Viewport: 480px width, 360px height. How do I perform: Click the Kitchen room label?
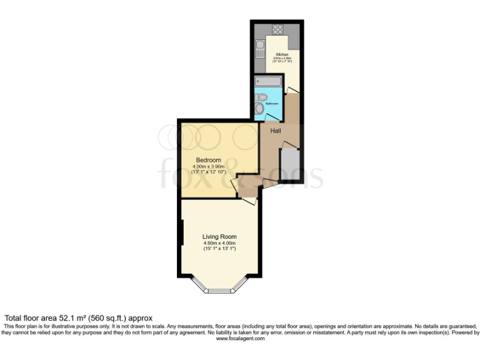point(281,55)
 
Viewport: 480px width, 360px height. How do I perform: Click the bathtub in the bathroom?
point(268,81)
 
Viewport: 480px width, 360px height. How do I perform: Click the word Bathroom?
point(272,103)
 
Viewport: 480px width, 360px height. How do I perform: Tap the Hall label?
point(276,131)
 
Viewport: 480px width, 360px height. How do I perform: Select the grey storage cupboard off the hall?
point(289,162)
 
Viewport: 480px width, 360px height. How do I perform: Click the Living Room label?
point(219,237)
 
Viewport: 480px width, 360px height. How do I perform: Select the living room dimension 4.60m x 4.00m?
point(219,243)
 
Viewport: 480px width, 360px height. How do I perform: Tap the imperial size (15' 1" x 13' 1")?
point(219,249)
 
